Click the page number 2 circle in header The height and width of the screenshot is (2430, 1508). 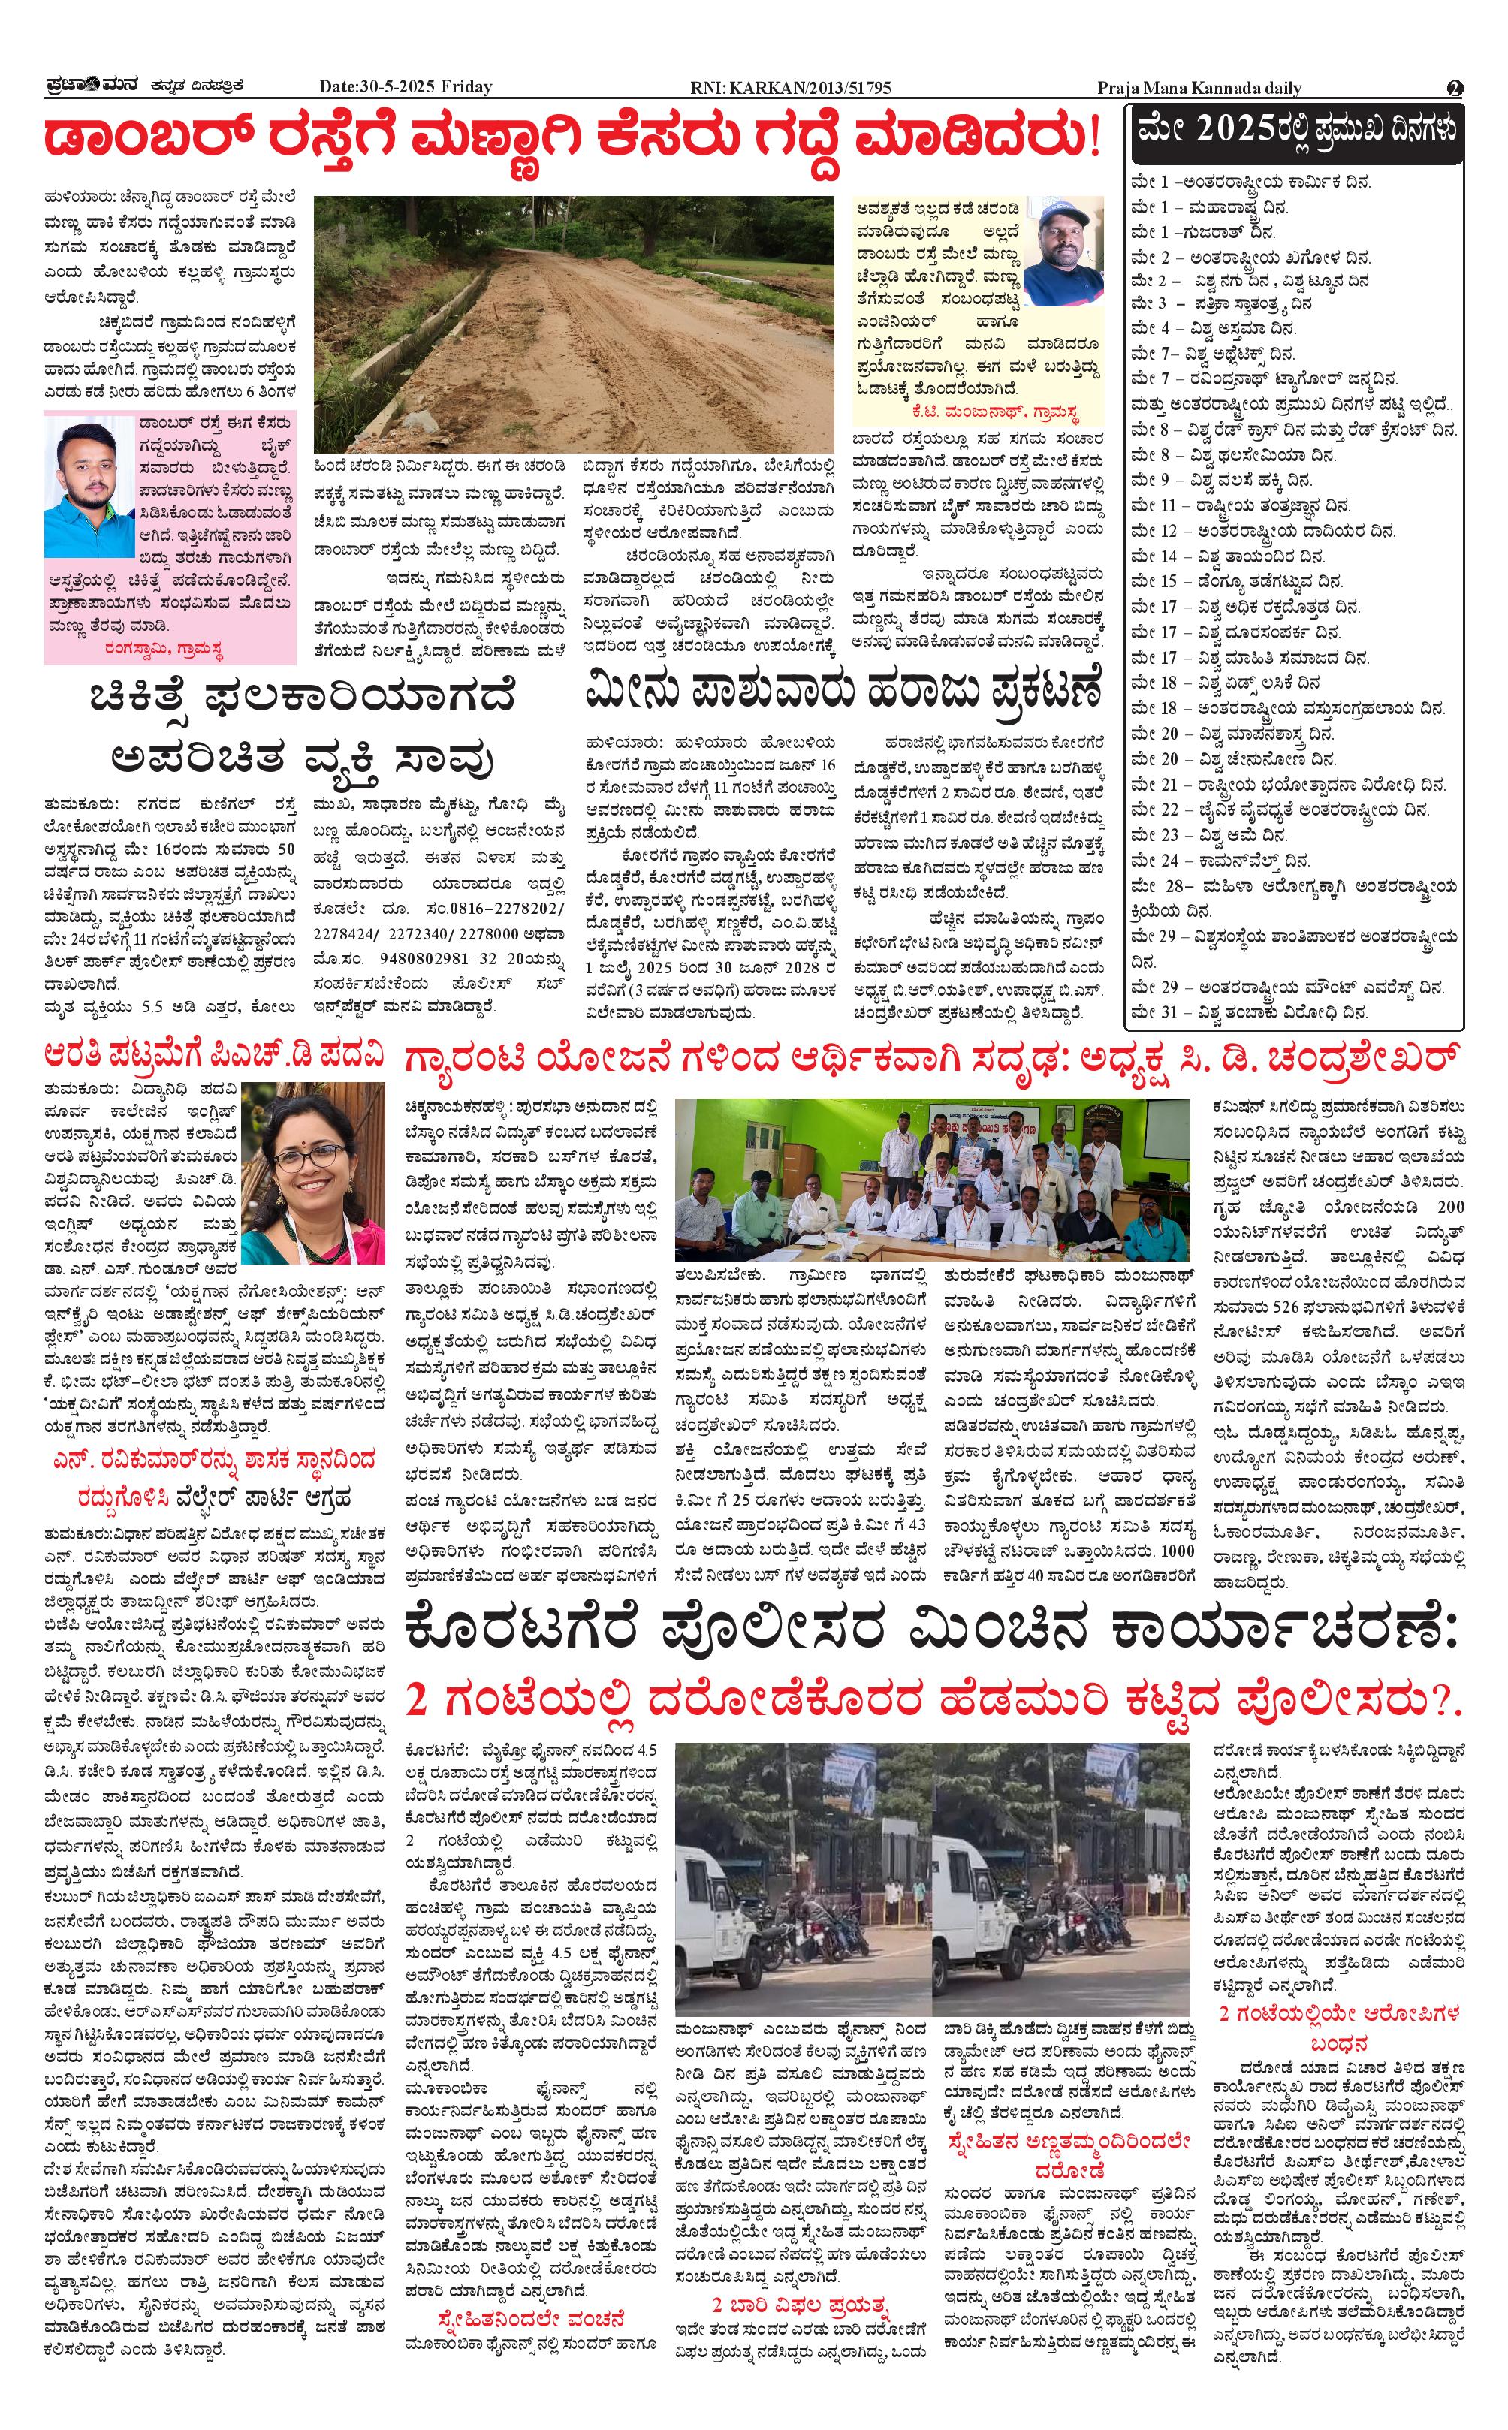click(x=1454, y=88)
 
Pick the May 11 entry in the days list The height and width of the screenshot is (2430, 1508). click(x=1241, y=505)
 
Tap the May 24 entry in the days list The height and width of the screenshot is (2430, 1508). click(x=1222, y=861)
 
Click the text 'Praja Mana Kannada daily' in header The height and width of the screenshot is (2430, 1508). click(x=1199, y=88)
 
